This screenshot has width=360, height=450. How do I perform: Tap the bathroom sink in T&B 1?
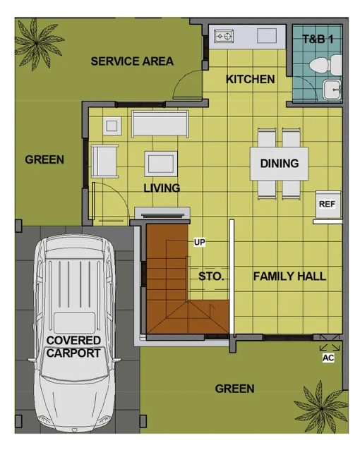[332, 90]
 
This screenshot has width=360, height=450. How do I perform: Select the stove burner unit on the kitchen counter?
[224, 36]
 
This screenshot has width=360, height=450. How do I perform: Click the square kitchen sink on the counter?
[267, 36]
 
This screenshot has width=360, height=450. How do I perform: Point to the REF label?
[327, 204]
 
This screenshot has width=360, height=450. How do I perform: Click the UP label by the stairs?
[200, 242]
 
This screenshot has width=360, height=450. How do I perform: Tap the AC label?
[328, 358]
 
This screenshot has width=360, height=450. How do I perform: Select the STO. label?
[211, 276]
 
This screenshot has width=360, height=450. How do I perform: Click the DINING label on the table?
[280, 164]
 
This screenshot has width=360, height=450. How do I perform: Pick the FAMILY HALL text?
[289, 276]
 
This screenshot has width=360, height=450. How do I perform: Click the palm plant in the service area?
[37, 43]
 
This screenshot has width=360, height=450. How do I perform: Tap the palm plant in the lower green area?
[321, 408]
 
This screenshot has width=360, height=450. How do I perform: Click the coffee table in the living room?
[161, 164]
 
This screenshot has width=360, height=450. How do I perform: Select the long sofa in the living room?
[160, 123]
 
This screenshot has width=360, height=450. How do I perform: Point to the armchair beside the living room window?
[104, 162]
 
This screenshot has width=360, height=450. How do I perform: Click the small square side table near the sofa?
[112, 126]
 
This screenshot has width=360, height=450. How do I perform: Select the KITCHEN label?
[251, 79]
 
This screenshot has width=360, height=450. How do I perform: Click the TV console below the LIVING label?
[162, 213]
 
